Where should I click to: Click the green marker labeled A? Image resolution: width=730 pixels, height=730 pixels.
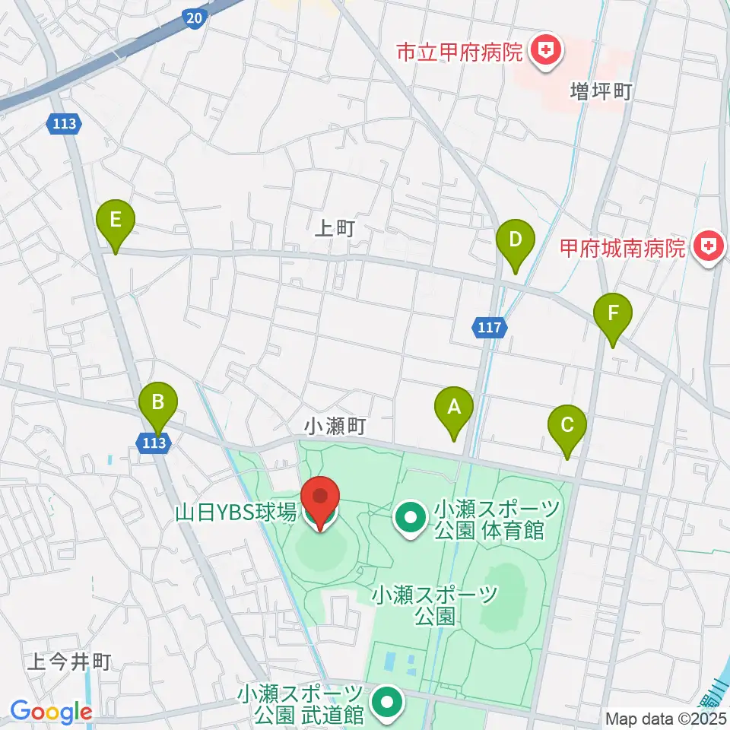click(454, 408)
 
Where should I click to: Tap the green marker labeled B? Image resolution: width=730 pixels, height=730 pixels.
click(158, 402)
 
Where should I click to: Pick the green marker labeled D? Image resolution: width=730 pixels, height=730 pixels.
click(515, 241)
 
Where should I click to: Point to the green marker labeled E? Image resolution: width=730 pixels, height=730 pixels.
click(116, 221)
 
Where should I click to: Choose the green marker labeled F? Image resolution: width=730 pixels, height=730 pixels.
click(613, 313)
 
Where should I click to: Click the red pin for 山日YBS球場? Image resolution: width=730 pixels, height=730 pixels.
click(321, 499)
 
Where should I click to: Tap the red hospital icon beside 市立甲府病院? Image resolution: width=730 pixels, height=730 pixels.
click(544, 52)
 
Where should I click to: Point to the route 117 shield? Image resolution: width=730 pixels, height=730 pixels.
click(490, 328)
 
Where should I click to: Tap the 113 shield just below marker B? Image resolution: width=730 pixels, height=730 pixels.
click(155, 442)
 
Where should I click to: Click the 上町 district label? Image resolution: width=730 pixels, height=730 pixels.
click(335, 229)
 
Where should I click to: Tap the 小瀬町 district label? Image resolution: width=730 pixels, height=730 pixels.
click(330, 428)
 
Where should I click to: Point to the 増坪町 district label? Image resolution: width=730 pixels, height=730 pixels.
click(601, 93)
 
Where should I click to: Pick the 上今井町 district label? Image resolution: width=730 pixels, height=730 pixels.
click(69, 662)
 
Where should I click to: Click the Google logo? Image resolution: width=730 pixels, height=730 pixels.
click(51, 712)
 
